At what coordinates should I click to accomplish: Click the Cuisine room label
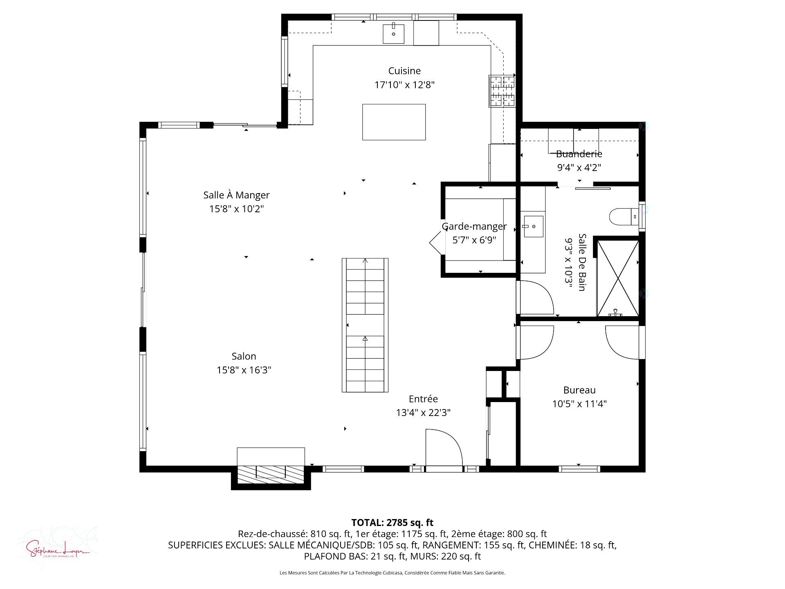click(x=404, y=71)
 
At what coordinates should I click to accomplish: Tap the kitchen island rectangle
click(x=394, y=122)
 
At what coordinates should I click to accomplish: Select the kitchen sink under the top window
click(x=393, y=34)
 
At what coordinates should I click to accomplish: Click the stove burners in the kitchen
click(x=502, y=91)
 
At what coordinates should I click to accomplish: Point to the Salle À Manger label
click(x=236, y=195)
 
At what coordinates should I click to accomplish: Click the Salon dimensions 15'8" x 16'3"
click(x=244, y=370)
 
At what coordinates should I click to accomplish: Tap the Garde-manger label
click(x=474, y=226)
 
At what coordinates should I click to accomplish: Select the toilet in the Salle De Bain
click(x=623, y=216)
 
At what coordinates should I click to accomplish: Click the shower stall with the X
click(x=617, y=278)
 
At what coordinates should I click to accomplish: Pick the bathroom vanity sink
click(x=533, y=227)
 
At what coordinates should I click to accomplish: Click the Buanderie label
click(x=579, y=154)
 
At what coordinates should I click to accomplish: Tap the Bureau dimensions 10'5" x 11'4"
click(x=579, y=404)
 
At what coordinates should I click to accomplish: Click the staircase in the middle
click(x=365, y=325)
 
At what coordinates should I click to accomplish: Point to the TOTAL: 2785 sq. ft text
click(x=392, y=522)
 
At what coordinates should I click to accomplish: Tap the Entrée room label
click(x=423, y=399)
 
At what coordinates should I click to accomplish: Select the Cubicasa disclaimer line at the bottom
click(x=392, y=573)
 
